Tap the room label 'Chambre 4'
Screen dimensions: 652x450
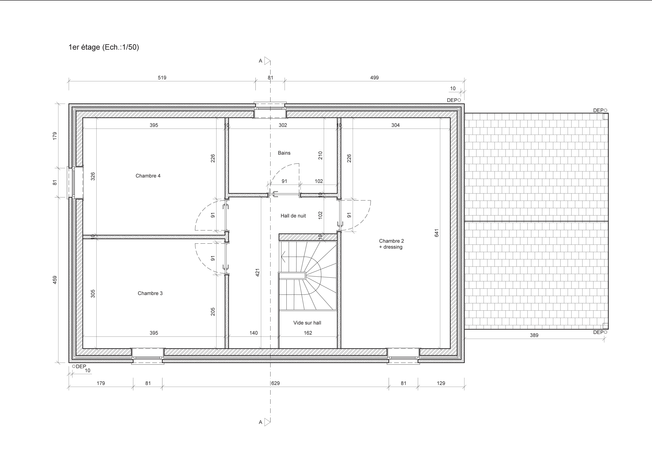click(x=148, y=176)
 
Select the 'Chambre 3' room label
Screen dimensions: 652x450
click(x=150, y=293)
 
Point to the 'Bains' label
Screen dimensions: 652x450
click(x=284, y=153)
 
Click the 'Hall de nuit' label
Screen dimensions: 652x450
click(x=293, y=216)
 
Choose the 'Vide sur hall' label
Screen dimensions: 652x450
click(x=307, y=323)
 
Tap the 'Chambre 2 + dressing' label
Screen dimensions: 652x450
click(x=391, y=244)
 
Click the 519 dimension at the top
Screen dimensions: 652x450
click(x=162, y=78)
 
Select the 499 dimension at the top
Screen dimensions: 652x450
click(x=374, y=78)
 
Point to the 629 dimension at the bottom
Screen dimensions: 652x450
click(x=276, y=383)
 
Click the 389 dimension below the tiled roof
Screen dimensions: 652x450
click(x=534, y=335)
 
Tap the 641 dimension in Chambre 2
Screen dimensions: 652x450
click(x=436, y=233)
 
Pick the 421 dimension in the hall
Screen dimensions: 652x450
click(x=257, y=272)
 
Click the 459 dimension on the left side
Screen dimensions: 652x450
click(x=55, y=280)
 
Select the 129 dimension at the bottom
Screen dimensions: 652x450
click(x=441, y=383)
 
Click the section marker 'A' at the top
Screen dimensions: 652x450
click(x=261, y=61)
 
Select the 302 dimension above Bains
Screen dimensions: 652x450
click(x=283, y=125)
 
